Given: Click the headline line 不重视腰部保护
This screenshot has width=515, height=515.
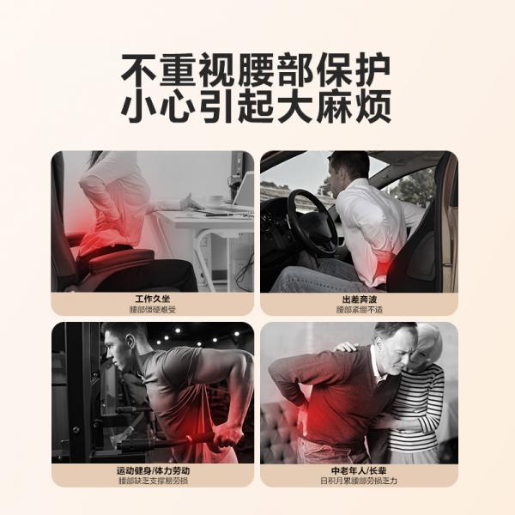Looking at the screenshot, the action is click(x=256, y=70).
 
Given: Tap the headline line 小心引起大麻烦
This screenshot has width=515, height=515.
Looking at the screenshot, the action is click(x=256, y=106).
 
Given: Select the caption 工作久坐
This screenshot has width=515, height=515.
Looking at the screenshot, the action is click(x=153, y=299).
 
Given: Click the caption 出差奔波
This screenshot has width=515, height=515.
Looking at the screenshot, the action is click(x=359, y=300).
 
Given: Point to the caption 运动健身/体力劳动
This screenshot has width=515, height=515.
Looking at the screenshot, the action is click(x=153, y=470).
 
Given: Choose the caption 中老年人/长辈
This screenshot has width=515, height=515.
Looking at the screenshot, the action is click(x=359, y=470).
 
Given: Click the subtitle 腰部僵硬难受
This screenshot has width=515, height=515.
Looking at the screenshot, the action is click(x=153, y=309).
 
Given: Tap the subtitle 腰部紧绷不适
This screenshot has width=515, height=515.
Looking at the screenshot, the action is click(x=359, y=309).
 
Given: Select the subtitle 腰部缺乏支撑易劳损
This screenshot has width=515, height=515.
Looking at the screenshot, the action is click(x=153, y=481).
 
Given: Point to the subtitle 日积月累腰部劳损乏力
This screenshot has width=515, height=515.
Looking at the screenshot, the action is click(x=359, y=481).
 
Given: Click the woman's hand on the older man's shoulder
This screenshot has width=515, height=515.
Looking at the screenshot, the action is click(x=348, y=347).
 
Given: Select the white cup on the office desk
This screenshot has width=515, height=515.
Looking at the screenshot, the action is click(x=214, y=200).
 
